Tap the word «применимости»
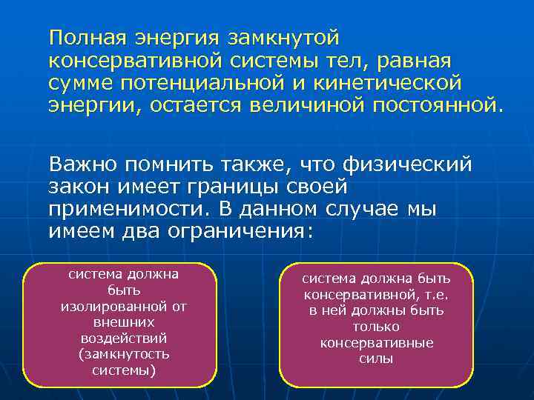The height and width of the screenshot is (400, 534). point(123,209)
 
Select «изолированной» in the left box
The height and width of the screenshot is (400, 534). point(123,307)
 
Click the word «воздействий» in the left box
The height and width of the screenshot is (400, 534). point(123,339)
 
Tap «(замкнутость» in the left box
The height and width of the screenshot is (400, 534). point(123,354)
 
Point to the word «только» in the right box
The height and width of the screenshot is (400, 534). point(377,327)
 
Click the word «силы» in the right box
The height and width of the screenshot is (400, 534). point(377,359)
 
